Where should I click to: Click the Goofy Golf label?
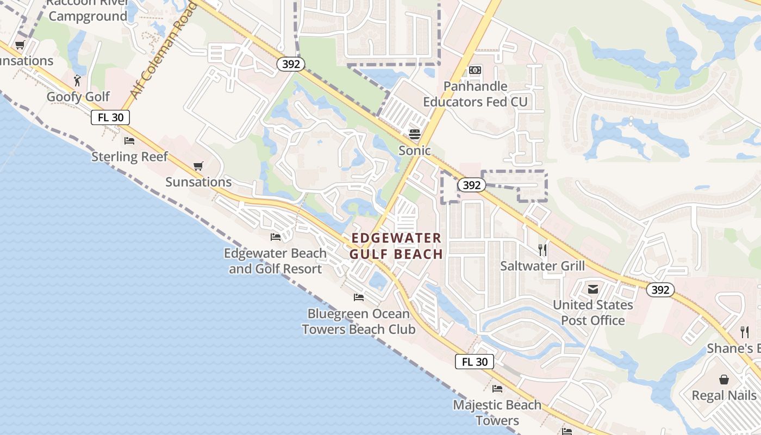coord(78,97)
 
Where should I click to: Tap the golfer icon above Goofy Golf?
coord(78,80)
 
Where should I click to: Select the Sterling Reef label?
coord(129,157)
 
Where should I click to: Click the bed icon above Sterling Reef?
coord(129,141)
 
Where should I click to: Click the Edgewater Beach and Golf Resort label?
coord(275,261)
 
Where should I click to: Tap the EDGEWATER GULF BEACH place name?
coord(396,246)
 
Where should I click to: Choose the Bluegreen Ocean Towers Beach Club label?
coord(358,321)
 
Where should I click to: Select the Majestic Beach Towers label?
coord(497,412)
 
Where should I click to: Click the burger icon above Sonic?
coord(415,134)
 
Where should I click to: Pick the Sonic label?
coord(415,151)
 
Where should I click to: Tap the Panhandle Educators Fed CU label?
coord(475,94)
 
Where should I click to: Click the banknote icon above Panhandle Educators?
coord(475,70)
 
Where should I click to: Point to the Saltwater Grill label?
coord(542,266)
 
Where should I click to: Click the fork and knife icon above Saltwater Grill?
coord(542,250)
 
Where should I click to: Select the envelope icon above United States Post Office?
coord(592,289)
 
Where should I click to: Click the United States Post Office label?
coord(593,313)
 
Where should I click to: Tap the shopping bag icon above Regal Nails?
coord(723,379)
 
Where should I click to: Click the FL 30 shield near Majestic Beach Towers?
coord(474,362)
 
